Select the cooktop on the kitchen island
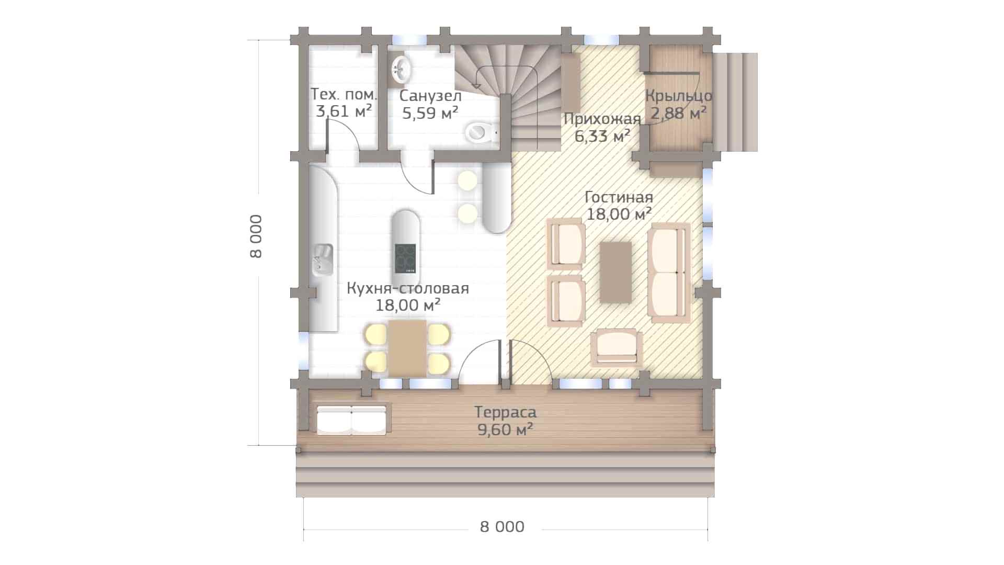tap(405, 258)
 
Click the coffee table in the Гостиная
tap(615, 272)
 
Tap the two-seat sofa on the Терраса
tap(352, 419)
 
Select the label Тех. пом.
tap(344, 95)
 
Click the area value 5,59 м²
tap(430, 112)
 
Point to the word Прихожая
tap(602, 119)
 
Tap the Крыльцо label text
tap(678, 96)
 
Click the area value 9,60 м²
tap(505, 430)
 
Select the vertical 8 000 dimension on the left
tap(256, 235)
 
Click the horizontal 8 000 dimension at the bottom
tap(502, 526)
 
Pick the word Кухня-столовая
tap(408, 288)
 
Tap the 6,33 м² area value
tap(602, 137)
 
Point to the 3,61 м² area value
tap(344, 111)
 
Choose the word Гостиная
tap(619, 197)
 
